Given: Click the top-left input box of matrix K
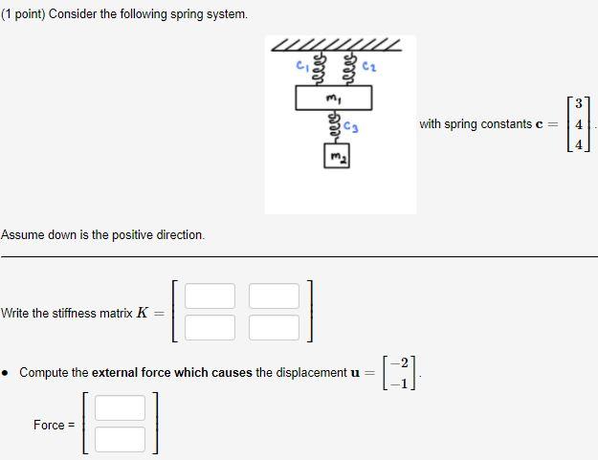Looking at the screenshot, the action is click(210, 296).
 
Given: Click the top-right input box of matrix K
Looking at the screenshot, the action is click(274, 296).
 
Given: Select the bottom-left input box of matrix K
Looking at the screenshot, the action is click(210, 328).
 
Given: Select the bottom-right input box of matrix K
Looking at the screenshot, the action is click(274, 328).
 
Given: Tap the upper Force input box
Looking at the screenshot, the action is click(121, 408).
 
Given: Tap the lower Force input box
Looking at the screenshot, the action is click(121, 439).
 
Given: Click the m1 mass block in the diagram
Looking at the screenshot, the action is click(333, 98).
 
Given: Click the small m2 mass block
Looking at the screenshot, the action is click(335, 156).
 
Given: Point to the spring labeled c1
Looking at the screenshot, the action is click(320, 68).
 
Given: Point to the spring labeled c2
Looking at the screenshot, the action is click(348, 68).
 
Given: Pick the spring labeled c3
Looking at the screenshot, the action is click(334, 126).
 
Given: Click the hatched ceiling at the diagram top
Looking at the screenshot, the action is click(336, 45).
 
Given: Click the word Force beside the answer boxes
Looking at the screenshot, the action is click(49, 425).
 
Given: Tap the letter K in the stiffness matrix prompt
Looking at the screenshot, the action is click(143, 313).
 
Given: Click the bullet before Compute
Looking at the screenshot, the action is click(8, 373).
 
